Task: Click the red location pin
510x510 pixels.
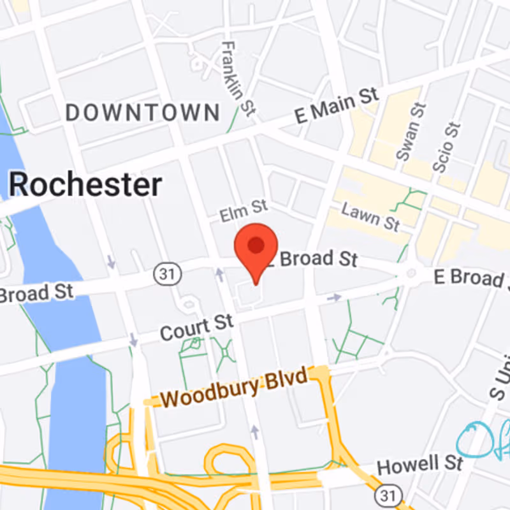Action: click(x=256, y=247)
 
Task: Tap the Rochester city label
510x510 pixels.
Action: click(x=85, y=186)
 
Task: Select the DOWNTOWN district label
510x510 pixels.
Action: click(x=143, y=113)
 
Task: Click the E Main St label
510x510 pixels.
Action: click(x=336, y=106)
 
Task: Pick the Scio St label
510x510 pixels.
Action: click(x=446, y=147)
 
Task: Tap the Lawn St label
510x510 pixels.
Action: click(x=370, y=217)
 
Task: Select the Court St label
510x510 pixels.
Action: click(x=196, y=328)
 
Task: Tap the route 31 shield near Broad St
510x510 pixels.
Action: click(x=168, y=275)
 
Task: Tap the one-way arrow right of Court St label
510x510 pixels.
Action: click(x=333, y=297)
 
